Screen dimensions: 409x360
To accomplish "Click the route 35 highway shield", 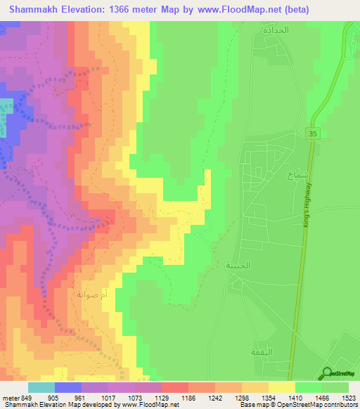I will tap(312, 133).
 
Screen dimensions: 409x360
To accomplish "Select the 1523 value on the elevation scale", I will tap(349, 398).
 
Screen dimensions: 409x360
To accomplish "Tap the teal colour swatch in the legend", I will tap(41, 387).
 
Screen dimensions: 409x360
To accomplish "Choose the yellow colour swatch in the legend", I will tap(282, 387).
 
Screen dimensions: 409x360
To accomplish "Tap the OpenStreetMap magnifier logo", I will tap(328, 373).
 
